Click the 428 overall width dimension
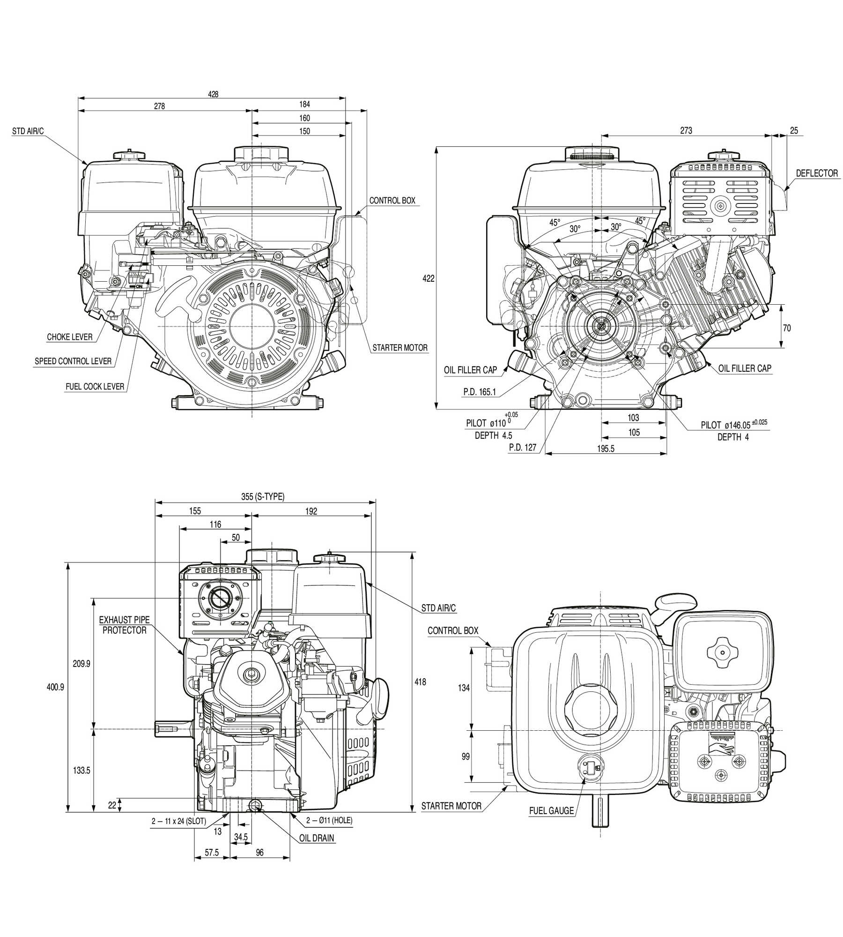(213, 94)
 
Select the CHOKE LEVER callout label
(70, 337)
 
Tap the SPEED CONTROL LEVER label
(73, 361)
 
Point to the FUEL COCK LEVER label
(95, 387)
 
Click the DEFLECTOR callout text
(817, 173)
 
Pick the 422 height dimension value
(429, 278)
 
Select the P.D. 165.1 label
(480, 392)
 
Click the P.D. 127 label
(523, 447)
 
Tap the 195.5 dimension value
(606, 449)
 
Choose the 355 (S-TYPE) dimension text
(263, 497)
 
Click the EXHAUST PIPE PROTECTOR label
(125, 625)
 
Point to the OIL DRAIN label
(317, 838)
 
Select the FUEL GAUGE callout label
(551, 810)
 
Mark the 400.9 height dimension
(55, 687)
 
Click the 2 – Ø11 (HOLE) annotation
(329, 820)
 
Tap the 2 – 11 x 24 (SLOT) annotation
(179, 821)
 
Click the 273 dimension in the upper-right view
(686, 130)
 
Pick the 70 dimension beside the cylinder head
(787, 328)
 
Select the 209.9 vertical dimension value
(81, 664)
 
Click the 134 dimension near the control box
(464, 688)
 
